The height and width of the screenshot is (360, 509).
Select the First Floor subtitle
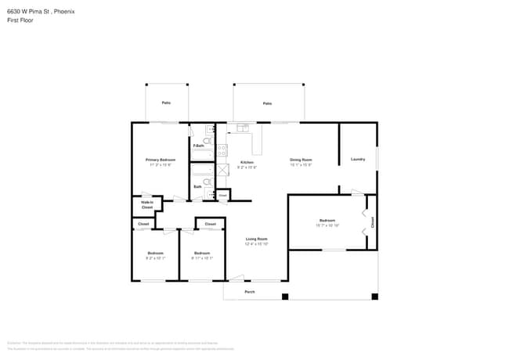[x=20, y=20]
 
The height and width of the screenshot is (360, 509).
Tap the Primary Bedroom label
[x=161, y=160]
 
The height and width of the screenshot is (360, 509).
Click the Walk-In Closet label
[x=146, y=205]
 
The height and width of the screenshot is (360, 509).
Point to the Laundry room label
[x=358, y=160]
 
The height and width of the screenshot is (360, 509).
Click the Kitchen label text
[x=247, y=162]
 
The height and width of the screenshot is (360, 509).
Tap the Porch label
[x=250, y=292]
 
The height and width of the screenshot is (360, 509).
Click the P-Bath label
[x=198, y=146]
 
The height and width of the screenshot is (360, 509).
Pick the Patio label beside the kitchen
[x=267, y=103]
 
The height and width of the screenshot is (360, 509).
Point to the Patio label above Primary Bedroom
[x=166, y=103]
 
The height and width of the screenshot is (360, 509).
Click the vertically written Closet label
[x=373, y=222]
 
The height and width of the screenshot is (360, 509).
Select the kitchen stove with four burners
[x=222, y=149]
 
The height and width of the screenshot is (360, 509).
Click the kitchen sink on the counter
[x=242, y=127]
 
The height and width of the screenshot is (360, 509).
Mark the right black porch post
[x=374, y=297]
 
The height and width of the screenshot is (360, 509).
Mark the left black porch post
[x=285, y=297]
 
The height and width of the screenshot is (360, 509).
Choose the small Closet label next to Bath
[x=222, y=194]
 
